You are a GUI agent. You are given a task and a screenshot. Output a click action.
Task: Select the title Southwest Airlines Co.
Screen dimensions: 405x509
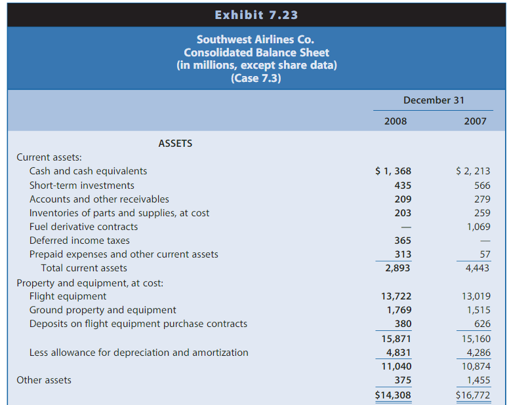(256, 39)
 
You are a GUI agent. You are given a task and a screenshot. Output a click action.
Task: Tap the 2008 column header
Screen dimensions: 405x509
(395, 121)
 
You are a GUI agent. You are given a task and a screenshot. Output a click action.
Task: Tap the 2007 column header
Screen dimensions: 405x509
(475, 121)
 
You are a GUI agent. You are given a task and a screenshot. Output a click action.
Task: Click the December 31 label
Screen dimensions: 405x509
(434, 100)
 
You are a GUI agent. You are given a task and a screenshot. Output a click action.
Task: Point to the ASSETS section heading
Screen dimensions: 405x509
(175, 143)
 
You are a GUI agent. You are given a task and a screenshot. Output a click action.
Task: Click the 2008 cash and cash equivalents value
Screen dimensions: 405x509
(394, 171)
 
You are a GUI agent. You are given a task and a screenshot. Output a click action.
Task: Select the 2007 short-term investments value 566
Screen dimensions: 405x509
(481, 185)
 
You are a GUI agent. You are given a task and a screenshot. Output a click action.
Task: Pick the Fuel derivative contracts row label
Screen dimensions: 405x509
(83, 227)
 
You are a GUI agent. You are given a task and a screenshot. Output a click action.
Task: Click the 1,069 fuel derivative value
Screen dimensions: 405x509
(478, 227)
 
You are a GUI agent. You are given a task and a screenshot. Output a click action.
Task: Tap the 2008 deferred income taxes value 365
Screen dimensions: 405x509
(403, 241)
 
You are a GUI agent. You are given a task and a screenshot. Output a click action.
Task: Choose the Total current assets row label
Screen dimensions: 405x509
(84, 268)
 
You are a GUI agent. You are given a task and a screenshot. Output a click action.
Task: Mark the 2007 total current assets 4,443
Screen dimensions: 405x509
(477, 268)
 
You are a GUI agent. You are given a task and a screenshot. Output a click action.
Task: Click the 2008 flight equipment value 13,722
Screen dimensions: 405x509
(396, 296)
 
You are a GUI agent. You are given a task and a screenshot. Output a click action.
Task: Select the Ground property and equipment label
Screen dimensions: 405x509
(102, 310)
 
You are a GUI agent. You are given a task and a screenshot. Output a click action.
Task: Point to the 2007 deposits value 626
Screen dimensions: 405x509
(481, 324)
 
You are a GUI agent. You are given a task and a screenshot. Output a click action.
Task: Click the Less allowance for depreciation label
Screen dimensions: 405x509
(138, 353)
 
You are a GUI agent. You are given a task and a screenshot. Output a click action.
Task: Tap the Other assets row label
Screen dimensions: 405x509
(44, 380)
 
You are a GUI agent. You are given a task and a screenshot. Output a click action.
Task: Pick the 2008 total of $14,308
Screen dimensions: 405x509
(394, 395)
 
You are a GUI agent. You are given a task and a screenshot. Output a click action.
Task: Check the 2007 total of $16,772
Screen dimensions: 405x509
(473, 395)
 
